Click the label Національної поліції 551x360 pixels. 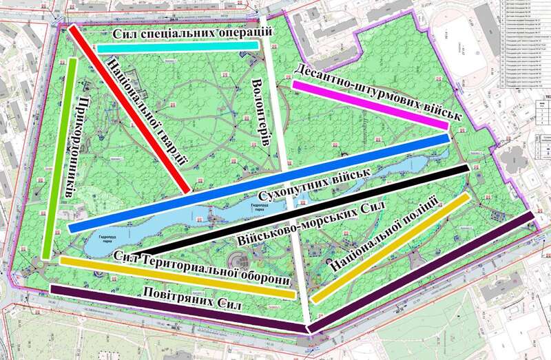[383, 234]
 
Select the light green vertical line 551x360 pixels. [59, 158]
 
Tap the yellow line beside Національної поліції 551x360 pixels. [391, 248]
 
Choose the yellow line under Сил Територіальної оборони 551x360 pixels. [177, 278]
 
